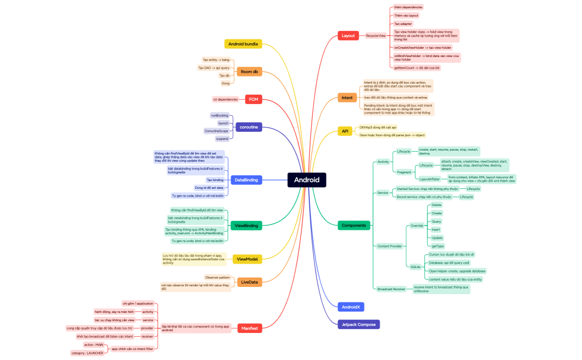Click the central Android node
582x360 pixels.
click(x=307, y=180)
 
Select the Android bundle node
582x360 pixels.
click(x=243, y=44)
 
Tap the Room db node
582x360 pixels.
click(x=249, y=71)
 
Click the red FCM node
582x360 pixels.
click(x=253, y=99)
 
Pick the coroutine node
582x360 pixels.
click(x=249, y=127)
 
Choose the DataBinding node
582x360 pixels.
click(x=246, y=180)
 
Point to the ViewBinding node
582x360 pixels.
click(x=246, y=225)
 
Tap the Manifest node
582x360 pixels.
click(x=249, y=328)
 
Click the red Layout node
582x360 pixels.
click(x=348, y=35)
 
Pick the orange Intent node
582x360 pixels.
click(x=347, y=98)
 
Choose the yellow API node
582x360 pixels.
click(x=345, y=131)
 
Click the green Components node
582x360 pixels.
click(x=354, y=225)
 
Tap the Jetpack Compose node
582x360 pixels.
click(x=359, y=324)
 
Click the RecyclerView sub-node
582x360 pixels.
click(x=376, y=35)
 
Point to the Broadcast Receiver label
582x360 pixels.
click(x=391, y=289)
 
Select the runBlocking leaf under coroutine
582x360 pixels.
click(x=219, y=115)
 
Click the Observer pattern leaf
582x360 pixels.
click(x=217, y=277)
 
